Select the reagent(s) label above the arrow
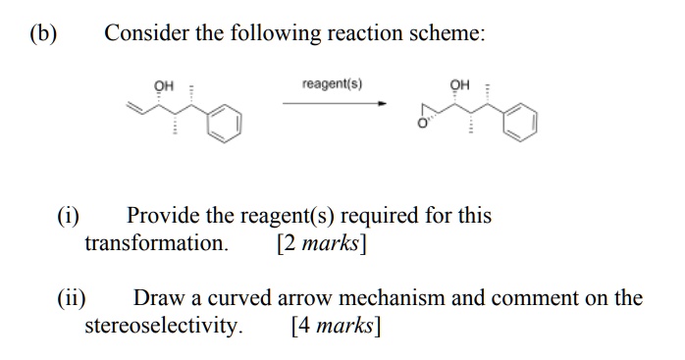pos(333,83)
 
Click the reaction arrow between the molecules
pos(335,103)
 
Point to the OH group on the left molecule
pos(164,86)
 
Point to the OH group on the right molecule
pos(458,84)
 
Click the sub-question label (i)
pos(68,215)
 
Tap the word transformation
pos(156,242)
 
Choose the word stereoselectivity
pos(163,325)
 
